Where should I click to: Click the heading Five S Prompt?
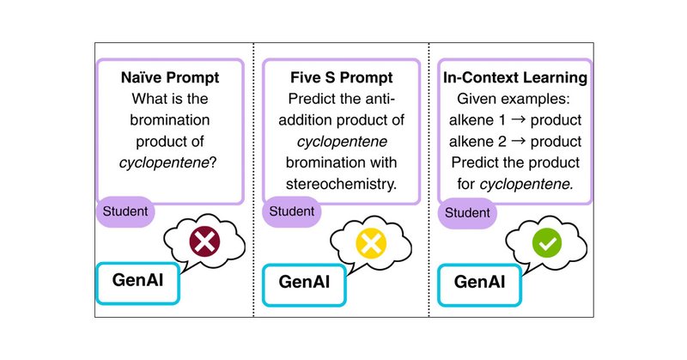coord(341,77)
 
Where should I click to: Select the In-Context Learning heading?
coord(514,77)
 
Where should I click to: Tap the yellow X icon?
coord(370,243)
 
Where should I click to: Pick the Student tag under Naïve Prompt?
coord(125,210)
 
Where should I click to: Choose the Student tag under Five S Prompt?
coord(292,210)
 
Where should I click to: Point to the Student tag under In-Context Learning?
coord(468,210)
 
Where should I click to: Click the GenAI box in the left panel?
coord(138,280)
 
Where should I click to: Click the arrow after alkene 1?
coord(522,119)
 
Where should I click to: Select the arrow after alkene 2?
coord(522,140)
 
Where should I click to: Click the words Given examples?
coord(514,98)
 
